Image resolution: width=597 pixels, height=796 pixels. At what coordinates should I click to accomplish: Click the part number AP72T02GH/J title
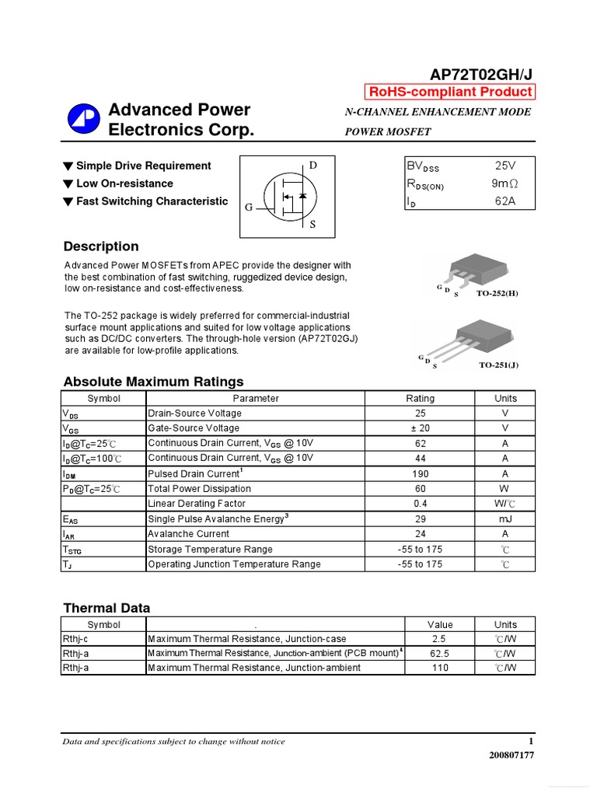[482, 74]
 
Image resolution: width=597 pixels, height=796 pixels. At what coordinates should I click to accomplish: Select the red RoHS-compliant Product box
[450, 92]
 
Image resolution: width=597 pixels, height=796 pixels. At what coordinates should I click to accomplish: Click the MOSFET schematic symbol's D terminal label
[313, 166]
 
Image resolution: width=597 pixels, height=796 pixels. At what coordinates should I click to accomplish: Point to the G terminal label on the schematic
[249, 208]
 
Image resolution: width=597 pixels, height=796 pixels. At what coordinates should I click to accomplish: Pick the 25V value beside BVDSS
[504, 166]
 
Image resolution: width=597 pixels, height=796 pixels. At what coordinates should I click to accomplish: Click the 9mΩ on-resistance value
[504, 184]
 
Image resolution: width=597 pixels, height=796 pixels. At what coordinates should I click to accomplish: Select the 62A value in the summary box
[504, 202]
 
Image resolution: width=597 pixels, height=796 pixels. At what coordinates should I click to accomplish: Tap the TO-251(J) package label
[498, 364]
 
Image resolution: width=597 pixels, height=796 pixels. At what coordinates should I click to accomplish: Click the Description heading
[101, 246]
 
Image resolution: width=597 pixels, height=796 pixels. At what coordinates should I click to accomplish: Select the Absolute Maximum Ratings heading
[153, 382]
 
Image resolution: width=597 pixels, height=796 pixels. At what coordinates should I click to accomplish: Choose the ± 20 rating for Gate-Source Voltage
[420, 428]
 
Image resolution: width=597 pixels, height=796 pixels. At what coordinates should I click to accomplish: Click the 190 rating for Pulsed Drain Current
[420, 473]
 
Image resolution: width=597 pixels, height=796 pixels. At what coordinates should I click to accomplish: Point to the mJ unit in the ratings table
[504, 518]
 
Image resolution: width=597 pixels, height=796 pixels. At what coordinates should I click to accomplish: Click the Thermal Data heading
[106, 608]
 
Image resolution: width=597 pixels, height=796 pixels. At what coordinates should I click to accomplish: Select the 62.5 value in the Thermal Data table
[439, 654]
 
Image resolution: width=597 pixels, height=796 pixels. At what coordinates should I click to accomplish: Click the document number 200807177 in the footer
[511, 755]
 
